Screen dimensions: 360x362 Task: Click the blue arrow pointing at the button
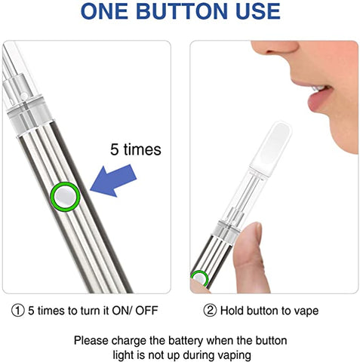click(x=113, y=180)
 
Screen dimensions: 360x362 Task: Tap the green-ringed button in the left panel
click(x=65, y=196)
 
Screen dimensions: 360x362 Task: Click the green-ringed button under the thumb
click(x=199, y=278)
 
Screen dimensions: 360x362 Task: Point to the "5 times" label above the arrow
click(x=136, y=149)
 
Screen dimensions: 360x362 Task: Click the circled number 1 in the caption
click(x=18, y=311)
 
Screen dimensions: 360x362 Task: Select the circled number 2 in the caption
click(x=210, y=311)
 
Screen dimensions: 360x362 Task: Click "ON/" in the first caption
click(x=122, y=311)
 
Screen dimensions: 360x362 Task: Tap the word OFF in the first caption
click(x=146, y=311)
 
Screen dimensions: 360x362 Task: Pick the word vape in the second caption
click(x=306, y=311)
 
